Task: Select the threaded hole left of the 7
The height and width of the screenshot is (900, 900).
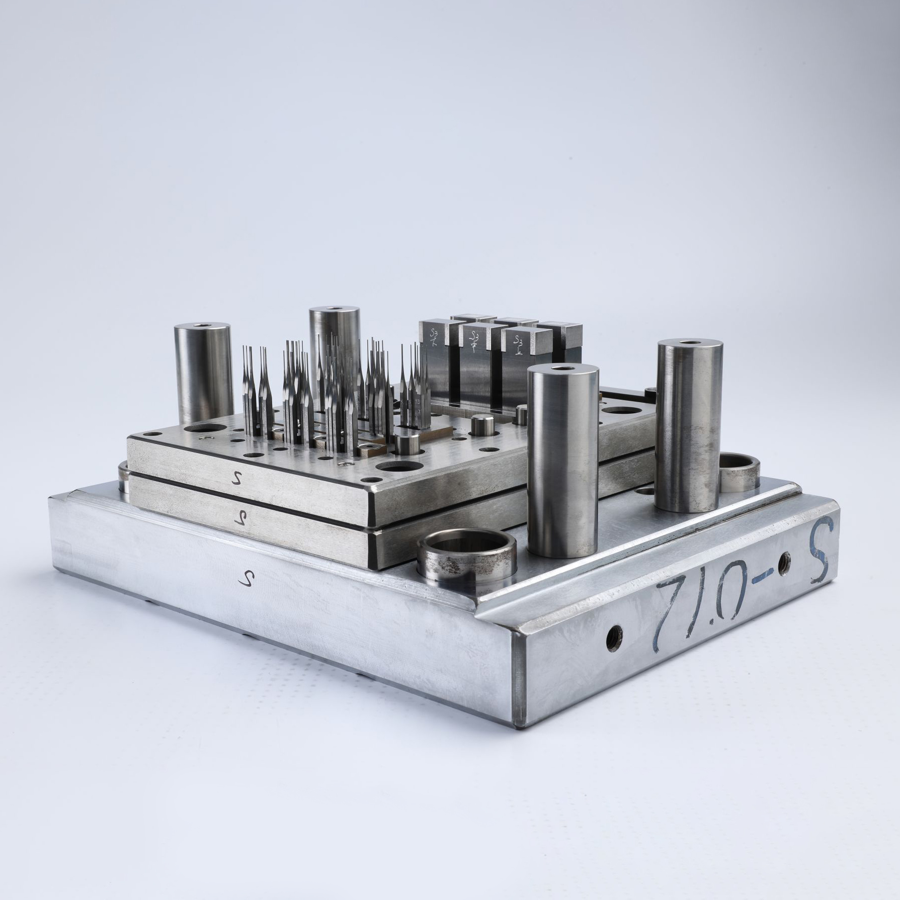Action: click(x=614, y=638)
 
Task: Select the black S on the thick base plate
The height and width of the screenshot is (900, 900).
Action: click(x=246, y=578)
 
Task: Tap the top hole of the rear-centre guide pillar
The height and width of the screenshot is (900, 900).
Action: click(x=334, y=309)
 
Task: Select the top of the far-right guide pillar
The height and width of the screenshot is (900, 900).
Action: click(x=690, y=343)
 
